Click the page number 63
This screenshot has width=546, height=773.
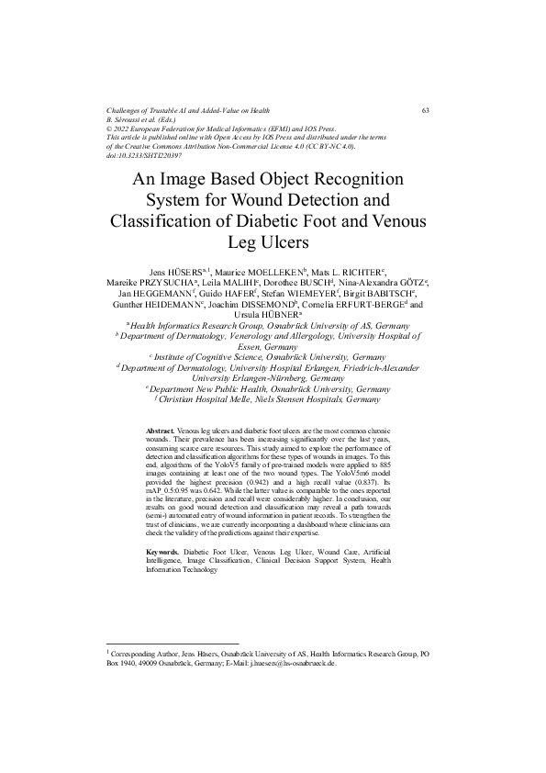[426, 110]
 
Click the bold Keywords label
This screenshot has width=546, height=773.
[163, 552]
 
